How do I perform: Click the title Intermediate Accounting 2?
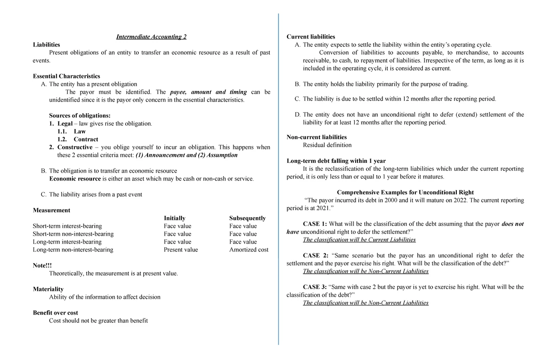point(151,37)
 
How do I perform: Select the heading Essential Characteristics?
point(66,76)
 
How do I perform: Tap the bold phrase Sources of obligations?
point(80,116)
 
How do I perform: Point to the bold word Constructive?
point(75,147)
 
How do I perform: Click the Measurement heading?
point(52,210)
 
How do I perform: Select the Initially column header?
point(175,218)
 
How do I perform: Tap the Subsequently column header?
point(247,218)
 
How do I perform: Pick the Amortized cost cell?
point(249,250)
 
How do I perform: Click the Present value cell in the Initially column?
point(181,250)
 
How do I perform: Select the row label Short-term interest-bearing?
point(67,226)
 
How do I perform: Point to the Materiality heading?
point(48,289)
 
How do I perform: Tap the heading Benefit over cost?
point(55,313)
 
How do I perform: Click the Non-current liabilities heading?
point(317,137)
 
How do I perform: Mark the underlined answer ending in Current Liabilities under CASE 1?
point(359,240)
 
